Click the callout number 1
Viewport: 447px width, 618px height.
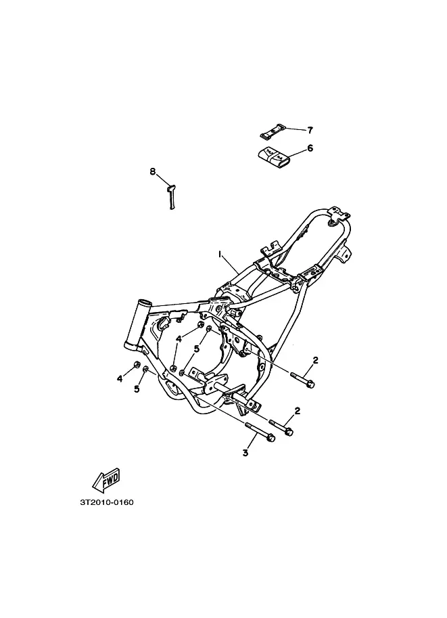tap(220, 255)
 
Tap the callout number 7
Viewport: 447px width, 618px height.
tap(310, 130)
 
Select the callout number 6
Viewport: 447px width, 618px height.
tap(310, 148)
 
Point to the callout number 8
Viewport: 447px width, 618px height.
tap(152, 171)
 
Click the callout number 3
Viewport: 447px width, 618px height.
tap(245, 453)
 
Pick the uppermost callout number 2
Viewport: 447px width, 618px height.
tap(315, 360)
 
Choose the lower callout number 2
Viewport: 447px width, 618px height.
tap(298, 411)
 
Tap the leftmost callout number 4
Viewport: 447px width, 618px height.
tap(120, 379)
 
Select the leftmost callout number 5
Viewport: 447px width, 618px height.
tap(137, 389)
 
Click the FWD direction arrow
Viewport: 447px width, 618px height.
tap(106, 480)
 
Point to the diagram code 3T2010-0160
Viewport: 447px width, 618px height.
tap(107, 502)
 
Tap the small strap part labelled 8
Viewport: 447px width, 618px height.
tap(172, 197)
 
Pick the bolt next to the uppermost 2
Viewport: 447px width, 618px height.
tap(303, 378)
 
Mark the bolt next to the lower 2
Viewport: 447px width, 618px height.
tap(281, 427)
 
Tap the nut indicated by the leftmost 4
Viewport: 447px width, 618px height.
tap(137, 365)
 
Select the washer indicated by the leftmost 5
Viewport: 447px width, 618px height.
tap(145, 370)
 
